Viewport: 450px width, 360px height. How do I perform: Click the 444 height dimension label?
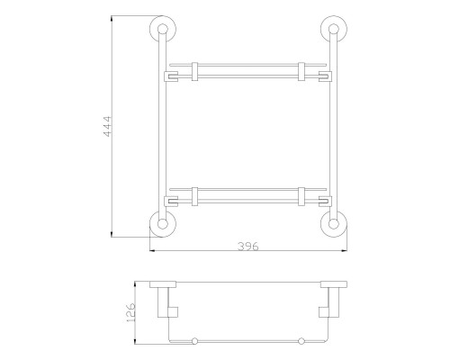pos(107,126)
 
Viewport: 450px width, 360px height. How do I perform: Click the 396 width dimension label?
pos(248,247)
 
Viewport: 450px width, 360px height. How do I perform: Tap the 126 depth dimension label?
pos(131,312)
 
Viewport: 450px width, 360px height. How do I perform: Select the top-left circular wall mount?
pos(163,29)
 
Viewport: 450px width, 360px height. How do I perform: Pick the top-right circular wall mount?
pos(334,29)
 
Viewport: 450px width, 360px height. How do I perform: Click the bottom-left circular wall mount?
pos(163,224)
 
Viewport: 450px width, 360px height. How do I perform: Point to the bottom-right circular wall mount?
pos(334,224)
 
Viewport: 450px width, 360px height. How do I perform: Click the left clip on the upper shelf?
pos(194,72)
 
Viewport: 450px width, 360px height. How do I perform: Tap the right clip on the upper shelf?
pos(301,72)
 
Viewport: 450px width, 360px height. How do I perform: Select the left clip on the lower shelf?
pos(194,197)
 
